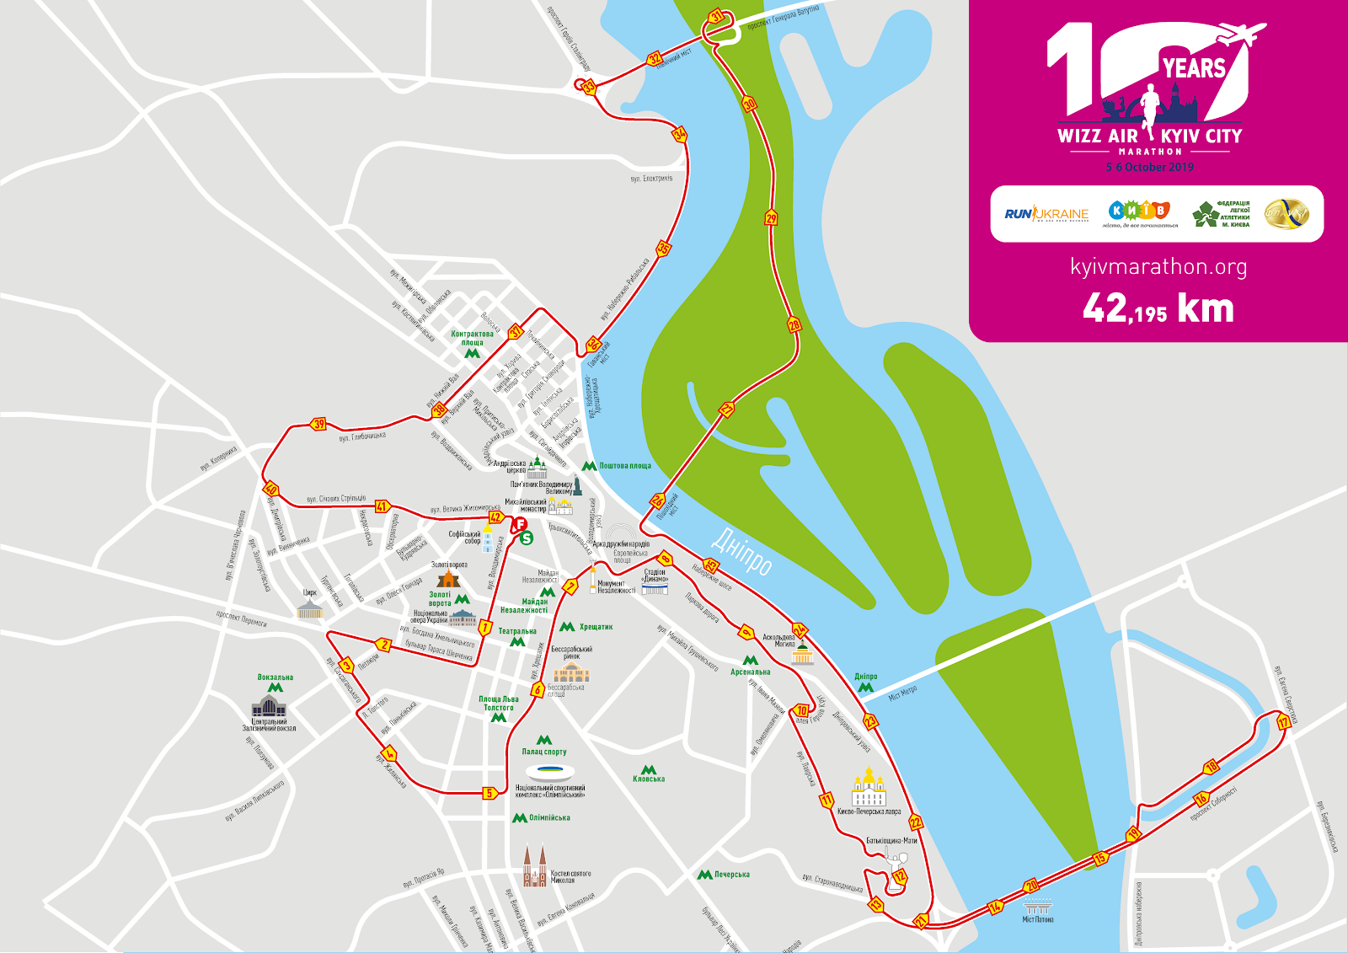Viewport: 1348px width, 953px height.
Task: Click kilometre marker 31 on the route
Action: (x=716, y=17)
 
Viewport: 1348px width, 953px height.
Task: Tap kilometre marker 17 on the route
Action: (x=1283, y=722)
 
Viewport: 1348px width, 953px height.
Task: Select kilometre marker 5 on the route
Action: (x=489, y=793)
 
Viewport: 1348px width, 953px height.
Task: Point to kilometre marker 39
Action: (x=318, y=424)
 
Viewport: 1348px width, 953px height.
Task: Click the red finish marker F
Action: (x=520, y=525)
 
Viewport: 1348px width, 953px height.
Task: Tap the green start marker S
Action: (x=526, y=538)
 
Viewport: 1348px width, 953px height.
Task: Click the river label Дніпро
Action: (x=742, y=552)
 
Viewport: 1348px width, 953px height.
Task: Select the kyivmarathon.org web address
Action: (x=1158, y=267)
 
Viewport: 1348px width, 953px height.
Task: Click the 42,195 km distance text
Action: (x=1158, y=309)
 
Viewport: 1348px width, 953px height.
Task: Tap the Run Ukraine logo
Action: (x=1046, y=214)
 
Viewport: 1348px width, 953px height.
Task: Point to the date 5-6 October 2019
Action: (x=1150, y=168)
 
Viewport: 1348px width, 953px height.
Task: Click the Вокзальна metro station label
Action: (x=275, y=677)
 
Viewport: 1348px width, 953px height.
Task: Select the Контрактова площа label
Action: (x=472, y=338)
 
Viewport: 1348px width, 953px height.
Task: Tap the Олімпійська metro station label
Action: (x=549, y=818)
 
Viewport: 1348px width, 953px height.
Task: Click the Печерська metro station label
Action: (x=731, y=875)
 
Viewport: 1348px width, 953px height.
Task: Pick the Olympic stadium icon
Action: (x=549, y=772)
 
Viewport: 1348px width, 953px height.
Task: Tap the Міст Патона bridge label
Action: (x=1038, y=919)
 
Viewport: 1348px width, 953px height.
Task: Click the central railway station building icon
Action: (x=269, y=705)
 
